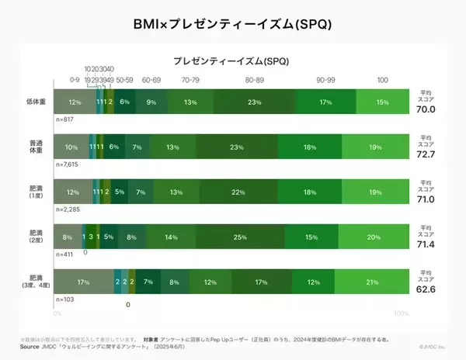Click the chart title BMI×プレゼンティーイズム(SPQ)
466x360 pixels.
[233, 23]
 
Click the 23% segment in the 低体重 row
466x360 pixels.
[254, 102]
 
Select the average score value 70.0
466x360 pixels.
[426, 110]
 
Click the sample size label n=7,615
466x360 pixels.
[68, 165]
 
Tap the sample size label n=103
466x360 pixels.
[64, 299]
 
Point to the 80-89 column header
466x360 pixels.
[254, 80]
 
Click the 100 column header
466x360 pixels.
[382, 80]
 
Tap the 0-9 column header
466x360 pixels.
[75, 80]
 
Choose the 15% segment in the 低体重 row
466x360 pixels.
[381, 102]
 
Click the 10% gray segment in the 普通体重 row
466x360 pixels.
[71, 147]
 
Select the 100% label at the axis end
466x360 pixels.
[400, 313]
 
